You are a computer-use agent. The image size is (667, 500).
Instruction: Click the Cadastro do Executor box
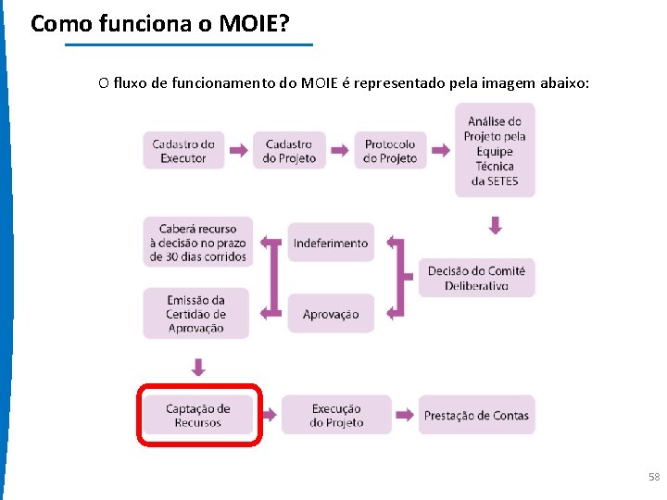(x=183, y=150)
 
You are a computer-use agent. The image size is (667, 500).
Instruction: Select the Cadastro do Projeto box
(x=289, y=150)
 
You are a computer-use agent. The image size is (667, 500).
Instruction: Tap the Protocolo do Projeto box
(x=391, y=150)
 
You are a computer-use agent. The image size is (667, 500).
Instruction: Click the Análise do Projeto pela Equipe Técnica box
(x=495, y=150)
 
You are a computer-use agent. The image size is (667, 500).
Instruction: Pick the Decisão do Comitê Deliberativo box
(x=476, y=278)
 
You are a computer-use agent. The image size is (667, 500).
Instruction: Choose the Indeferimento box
(x=331, y=243)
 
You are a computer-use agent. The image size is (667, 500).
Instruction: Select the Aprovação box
(x=331, y=314)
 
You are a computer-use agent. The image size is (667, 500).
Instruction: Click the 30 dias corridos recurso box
(x=196, y=242)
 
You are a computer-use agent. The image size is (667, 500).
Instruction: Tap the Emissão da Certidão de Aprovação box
(x=195, y=314)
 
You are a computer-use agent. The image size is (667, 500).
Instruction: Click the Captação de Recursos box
(x=197, y=415)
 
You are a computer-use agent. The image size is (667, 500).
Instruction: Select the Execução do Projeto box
(x=336, y=415)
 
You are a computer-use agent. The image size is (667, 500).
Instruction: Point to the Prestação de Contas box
(x=476, y=416)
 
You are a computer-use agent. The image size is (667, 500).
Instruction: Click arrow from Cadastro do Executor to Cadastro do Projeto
(x=238, y=150)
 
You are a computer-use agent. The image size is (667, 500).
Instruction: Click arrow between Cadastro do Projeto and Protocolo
(x=342, y=150)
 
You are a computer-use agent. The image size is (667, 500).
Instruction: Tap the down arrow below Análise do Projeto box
(x=496, y=225)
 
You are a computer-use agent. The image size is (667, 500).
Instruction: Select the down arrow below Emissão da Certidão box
(x=197, y=368)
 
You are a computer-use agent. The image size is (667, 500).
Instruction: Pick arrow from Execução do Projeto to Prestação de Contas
(x=405, y=415)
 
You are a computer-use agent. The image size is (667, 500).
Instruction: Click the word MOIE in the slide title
(x=251, y=23)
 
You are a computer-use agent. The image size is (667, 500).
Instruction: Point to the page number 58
(x=654, y=477)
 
